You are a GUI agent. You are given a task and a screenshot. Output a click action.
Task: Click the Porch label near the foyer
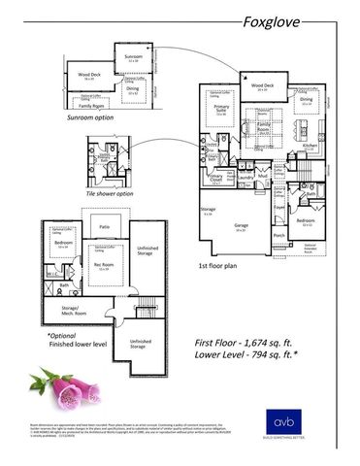[x=278, y=234]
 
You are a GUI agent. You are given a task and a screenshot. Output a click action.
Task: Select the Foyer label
[x=279, y=206]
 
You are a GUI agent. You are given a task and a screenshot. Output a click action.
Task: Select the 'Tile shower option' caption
[x=110, y=193]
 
